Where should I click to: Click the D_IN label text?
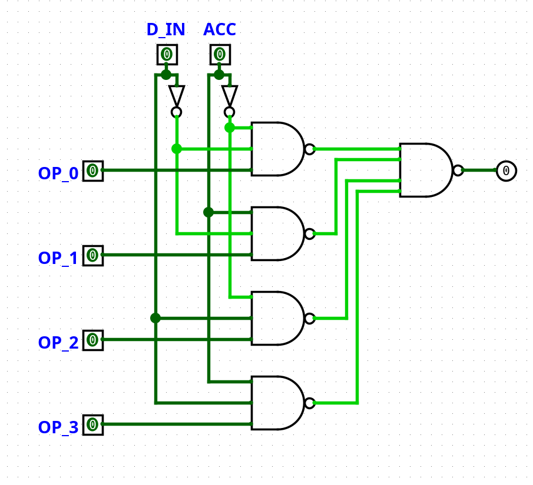[x=165, y=29]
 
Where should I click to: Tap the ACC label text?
[x=219, y=29]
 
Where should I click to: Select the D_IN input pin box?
[x=167, y=55]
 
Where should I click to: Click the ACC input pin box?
[x=220, y=55]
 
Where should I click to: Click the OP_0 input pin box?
[x=92, y=171]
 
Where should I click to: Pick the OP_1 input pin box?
[x=92, y=256]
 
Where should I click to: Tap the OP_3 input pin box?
[x=92, y=424]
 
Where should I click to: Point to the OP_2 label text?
[x=58, y=342]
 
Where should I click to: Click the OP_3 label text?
[x=58, y=427]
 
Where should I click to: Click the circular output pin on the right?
[x=506, y=170]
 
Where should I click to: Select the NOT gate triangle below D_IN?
[x=176, y=95]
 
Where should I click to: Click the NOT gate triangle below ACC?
[x=230, y=95]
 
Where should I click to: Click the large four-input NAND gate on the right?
[x=425, y=170]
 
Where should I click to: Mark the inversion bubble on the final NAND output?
[x=458, y=170]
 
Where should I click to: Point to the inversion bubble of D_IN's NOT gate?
[x=176, y=112]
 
